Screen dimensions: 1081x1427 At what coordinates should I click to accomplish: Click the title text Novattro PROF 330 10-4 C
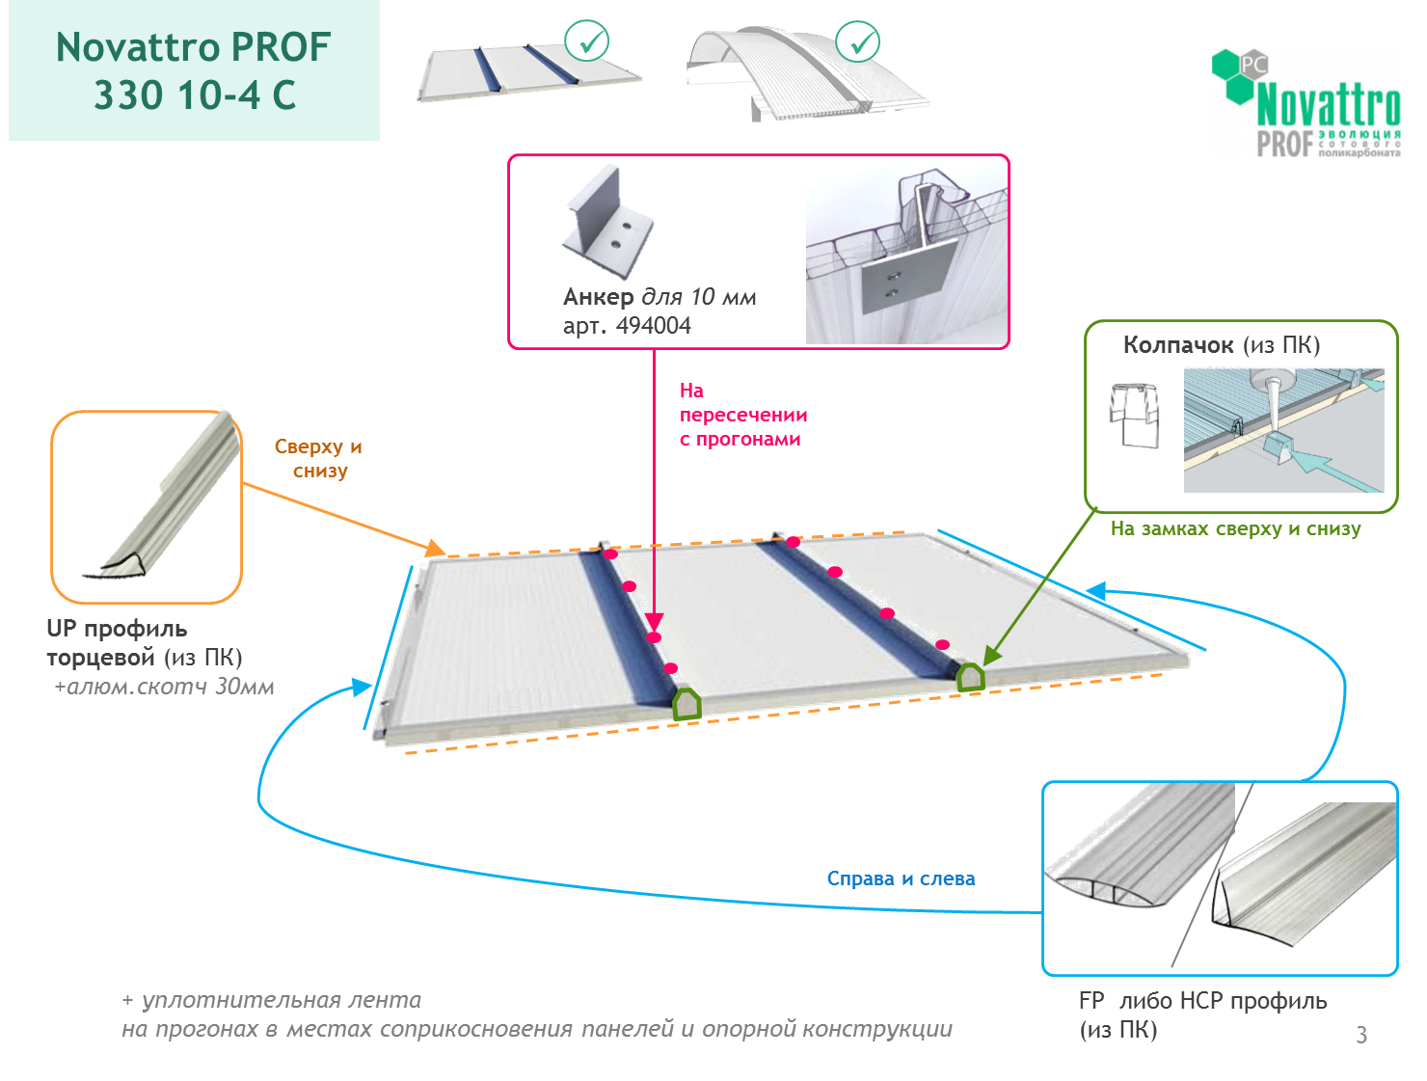click(194, 70)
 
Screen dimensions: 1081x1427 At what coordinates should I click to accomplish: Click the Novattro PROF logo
click(1304, 102)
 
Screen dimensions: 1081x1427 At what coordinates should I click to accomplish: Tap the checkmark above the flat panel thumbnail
click(586, 42)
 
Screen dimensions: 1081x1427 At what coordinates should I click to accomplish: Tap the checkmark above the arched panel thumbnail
click(857, 42)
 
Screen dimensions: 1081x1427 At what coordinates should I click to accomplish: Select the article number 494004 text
click(653, 326)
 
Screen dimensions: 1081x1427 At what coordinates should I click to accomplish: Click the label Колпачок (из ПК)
click(1221, 345)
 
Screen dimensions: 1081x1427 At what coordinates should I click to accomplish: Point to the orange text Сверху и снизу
click(318, 458)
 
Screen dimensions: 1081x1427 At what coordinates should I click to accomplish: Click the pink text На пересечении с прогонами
click(742, 415)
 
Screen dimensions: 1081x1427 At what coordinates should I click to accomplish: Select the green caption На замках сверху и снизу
click(1235, 528)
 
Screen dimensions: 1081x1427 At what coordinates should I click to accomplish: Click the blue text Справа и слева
click(901, 878)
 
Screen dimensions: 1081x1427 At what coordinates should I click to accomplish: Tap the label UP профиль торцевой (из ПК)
click(145, 643)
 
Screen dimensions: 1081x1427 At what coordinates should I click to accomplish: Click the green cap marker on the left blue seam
click(687, 705)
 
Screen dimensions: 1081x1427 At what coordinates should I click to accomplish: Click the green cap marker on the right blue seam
click(970, 678)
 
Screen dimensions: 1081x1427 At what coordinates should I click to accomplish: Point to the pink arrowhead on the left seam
click(655, 621)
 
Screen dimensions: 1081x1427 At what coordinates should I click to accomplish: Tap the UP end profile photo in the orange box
click(164, 502)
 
